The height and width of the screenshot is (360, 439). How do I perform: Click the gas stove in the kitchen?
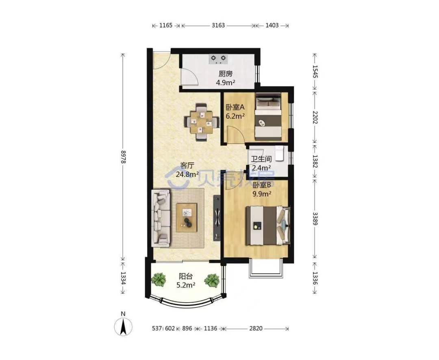click(218, 59)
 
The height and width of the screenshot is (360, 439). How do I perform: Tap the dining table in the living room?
click(201, 122)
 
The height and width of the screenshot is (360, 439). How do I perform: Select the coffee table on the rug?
click(187, 218)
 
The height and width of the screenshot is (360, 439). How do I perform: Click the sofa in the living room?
click(161, 218)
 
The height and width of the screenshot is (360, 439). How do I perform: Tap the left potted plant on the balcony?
click(159, 279)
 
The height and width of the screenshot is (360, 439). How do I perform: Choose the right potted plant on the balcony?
click(211, 280)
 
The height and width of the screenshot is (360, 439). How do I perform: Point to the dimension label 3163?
click(218, 25)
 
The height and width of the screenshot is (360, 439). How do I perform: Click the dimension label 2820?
click(256, 328)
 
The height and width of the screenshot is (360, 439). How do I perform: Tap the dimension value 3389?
click(315, 219)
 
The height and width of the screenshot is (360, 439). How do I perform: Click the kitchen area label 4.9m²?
click(225, 83)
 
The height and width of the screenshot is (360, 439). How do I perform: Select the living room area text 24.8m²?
click(187, 175)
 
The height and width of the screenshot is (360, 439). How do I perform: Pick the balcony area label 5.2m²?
click(186, 285)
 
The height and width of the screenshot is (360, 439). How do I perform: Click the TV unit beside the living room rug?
click(217, 218)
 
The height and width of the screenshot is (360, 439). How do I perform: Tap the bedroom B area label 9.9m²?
click(262, 194)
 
